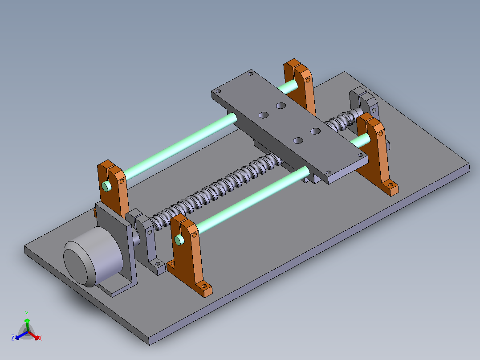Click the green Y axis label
27,314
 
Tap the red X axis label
40,338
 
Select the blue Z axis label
13,338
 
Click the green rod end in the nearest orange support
179,240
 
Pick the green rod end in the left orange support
106,186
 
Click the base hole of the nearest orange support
204,286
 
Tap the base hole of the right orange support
391,184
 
